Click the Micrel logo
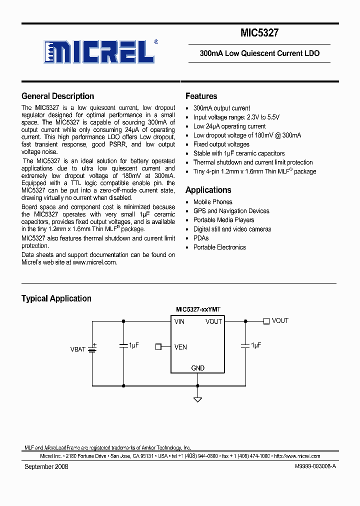(99, 51)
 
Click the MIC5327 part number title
(259, 33)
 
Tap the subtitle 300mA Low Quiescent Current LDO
(259, 53)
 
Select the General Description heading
(57, 96)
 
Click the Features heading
(201, 96)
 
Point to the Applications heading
(208, 190)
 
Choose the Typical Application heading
(56, 298)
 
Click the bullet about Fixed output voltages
(221, 144)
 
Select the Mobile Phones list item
(212, 202)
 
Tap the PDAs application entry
(201, 238)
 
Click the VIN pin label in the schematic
(179, 321)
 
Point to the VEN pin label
(181, 346)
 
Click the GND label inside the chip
(198, 368)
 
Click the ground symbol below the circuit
(198, 399)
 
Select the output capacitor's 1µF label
(256, 345)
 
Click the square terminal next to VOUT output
(266, 321)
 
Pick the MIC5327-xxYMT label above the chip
(198, 310)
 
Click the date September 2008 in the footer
(46, 466)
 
